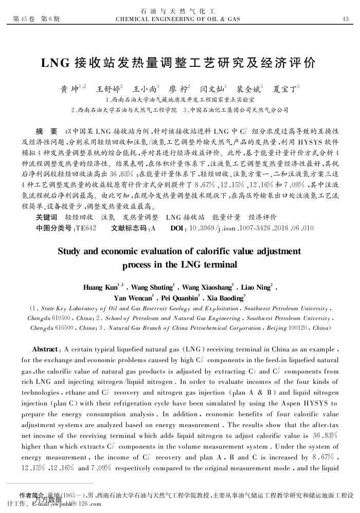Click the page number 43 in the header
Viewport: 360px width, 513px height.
(346, 20)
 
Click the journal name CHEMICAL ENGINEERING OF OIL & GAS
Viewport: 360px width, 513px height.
(179, 20)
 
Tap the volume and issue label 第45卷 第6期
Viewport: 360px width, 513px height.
(33, 20)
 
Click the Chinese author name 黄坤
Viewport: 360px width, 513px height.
(70, 89)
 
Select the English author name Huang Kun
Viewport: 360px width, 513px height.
(100, 287)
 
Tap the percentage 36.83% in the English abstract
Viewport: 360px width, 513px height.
(327, 435)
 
